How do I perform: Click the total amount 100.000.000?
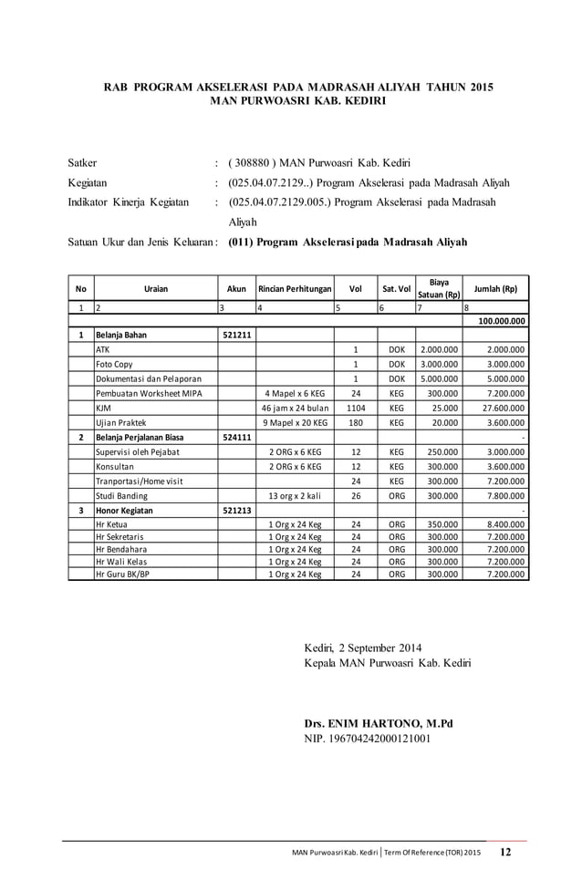495,321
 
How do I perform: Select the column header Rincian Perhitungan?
294,289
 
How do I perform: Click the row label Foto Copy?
112,364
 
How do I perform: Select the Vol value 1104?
355,408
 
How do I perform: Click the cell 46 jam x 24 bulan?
294,408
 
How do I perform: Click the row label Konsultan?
115,466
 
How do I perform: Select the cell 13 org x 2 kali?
294,495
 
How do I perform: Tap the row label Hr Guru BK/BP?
122,574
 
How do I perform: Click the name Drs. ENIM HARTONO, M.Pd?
379,724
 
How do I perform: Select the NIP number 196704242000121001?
368,739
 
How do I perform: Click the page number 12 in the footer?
505,853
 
